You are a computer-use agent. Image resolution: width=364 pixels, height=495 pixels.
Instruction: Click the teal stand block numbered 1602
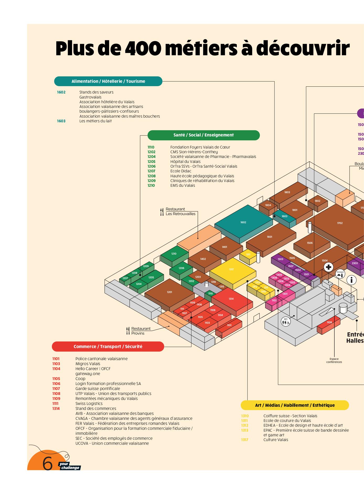coord(243,222)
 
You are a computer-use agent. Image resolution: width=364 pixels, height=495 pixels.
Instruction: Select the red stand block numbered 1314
coord(231,299)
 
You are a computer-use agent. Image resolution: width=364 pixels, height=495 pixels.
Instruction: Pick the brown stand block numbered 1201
coord(169,292)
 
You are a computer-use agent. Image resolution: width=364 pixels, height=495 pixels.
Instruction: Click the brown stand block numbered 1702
coord(340,223)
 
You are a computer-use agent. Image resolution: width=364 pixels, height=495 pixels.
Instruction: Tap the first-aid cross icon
coord(328,267)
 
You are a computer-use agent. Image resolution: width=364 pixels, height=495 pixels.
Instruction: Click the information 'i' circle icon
coord(351,280)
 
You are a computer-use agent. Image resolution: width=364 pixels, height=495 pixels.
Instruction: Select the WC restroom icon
coord(286,321)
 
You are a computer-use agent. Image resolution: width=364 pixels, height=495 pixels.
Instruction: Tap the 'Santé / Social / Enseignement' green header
coord(204,135)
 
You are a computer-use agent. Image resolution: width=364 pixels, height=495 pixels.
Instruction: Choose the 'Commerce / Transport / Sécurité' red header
coord(108,346)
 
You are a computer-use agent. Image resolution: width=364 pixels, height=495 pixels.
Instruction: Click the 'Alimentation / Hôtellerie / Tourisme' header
coord(108,81)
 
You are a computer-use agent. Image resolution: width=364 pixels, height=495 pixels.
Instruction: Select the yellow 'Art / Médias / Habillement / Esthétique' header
coord(295,405)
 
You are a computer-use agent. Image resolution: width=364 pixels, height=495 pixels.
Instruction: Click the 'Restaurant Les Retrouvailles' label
coord(180,211)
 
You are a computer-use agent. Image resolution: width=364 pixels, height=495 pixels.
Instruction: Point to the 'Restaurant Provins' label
coord(141,331)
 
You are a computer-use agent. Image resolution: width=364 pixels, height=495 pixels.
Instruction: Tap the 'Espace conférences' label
coord(334,360)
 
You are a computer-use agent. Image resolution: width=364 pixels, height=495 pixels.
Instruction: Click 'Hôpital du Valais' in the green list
coord(185,162)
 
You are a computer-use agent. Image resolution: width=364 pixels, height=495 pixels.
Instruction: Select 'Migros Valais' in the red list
coord(88,364)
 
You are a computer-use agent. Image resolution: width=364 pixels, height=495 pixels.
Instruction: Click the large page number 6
coord(47,464)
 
